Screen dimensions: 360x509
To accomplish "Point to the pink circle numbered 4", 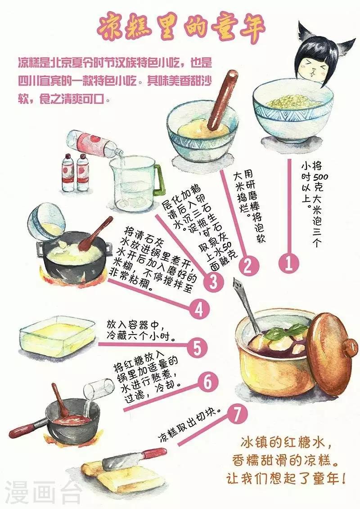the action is click(x=199, y=309).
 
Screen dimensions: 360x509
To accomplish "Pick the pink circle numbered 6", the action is click(x=207, y=382).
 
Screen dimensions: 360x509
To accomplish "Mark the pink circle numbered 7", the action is click(x=238, y=414).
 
